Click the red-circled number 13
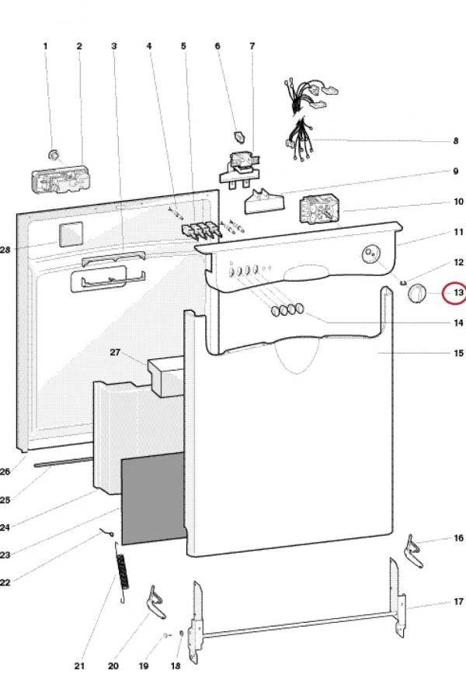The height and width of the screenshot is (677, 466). (x=458, y=292)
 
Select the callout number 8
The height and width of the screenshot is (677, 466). (x=456, y=141)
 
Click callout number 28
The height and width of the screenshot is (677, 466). (x=5, y=249)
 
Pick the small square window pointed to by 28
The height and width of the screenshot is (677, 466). (x=71, y=234)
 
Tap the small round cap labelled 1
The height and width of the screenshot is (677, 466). (x=53, y=154)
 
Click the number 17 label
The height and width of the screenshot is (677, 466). (x=458, y=602)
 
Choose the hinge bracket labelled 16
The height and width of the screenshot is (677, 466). (x=413, y=551)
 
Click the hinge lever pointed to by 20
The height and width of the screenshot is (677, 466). (x=156, y=603)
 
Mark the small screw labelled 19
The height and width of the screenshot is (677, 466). (x=166, y=635)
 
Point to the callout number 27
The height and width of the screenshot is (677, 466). (x=114, y=352)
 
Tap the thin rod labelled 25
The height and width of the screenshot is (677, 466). (x=64, y=462)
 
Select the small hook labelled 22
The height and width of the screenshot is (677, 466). (x=107, y=533)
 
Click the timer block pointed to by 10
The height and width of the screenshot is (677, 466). (x=318, y=210)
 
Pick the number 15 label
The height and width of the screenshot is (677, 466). (x=458, y=353)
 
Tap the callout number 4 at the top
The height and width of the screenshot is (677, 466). (x=149, y=46)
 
